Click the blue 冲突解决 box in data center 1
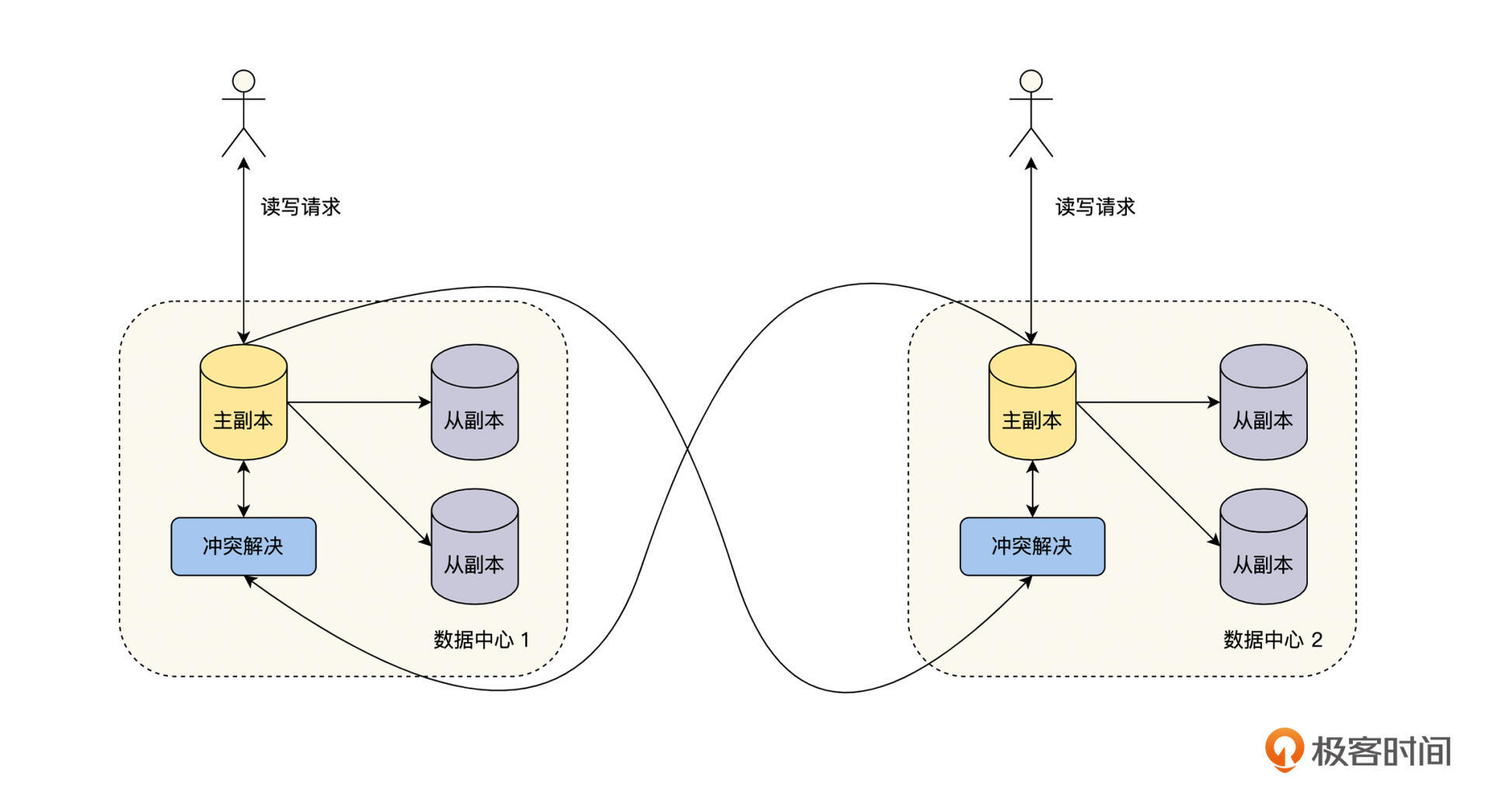pos(243,546)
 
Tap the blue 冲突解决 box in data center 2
pos(1032,546)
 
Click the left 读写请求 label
pos(301,207)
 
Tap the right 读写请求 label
pos(1095,207)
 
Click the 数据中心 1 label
pos(481,639)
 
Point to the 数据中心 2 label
pos(1272,639)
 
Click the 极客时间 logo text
pos(1381,751)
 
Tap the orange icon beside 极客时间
pos(1284,749)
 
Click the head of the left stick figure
pos(244,81)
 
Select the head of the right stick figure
pos(1031,81)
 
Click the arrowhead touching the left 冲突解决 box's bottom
pos(249,580)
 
